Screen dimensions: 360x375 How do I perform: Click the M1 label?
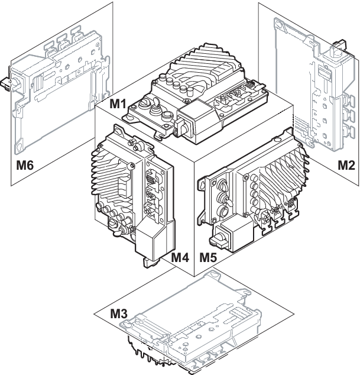pos(118,104)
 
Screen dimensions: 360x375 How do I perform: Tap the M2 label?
pos(346,165)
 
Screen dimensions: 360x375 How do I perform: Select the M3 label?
pos(119,313)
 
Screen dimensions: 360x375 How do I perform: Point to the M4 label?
pos(180,257)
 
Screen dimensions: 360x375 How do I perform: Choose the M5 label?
pos(208,257)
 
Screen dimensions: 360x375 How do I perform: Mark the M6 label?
pos(25,165)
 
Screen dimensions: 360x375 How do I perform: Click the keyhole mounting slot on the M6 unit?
pos(18,147)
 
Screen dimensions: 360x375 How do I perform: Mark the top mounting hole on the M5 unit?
pos(277,139)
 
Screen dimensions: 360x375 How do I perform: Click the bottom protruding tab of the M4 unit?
pos(149,262)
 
